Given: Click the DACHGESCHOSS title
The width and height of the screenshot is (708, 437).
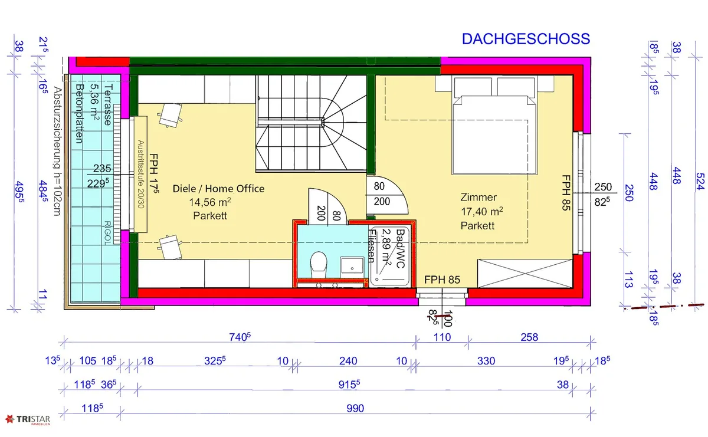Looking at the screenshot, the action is click(x=526, y=39).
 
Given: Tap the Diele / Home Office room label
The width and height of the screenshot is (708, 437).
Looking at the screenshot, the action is click(x=218, y=189).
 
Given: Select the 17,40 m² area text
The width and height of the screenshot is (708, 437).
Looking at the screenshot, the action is click(x=481, y=211).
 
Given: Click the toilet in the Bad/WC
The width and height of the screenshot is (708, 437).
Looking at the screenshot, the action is click(x=318, y=264).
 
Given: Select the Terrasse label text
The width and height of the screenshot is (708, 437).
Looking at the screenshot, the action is click(x=108, y=104).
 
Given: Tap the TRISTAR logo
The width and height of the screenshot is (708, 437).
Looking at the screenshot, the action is click(x=28, y=420).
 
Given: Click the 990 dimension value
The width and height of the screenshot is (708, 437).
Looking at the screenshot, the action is click(x=355, y=408).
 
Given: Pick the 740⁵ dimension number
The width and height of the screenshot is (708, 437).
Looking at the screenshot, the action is click(x=240, y=337).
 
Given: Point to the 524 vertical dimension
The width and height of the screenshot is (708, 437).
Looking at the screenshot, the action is click(x=700, y=182).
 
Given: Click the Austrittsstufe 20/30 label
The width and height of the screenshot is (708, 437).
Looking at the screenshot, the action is click(x=140, y=174).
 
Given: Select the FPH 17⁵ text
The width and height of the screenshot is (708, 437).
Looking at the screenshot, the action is click(x=153, y=173).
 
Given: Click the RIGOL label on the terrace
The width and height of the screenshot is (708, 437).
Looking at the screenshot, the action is click(x=107, y=232).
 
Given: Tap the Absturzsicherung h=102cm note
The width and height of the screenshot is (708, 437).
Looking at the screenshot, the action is click(x=57, y=151).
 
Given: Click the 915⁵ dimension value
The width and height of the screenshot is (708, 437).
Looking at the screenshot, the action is click(x=349, y=385).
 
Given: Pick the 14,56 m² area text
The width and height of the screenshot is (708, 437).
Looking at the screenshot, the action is click(x=210, y=202).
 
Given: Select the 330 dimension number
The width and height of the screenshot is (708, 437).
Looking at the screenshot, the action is click(x=486, y=361).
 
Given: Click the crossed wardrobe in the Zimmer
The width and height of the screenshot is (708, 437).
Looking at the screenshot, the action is click(x=525, y=273).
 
